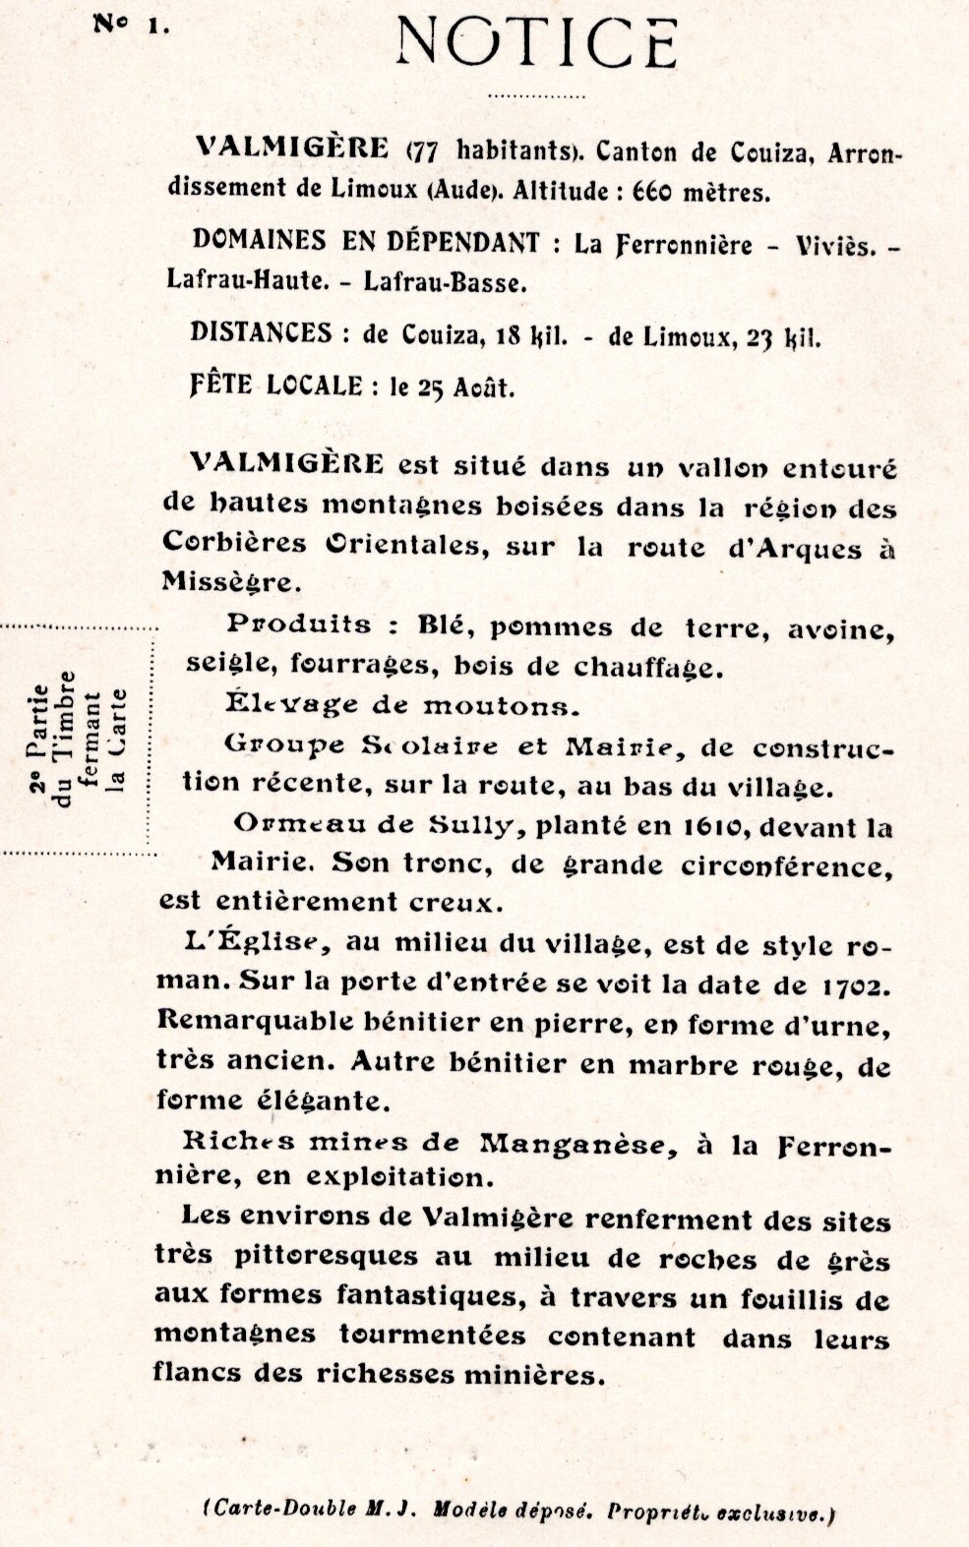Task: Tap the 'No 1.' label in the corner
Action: coord(132,25)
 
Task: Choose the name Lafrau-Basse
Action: coord(446,282)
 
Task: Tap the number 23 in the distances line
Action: coord(763,337)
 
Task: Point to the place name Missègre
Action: coord(226,581)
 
